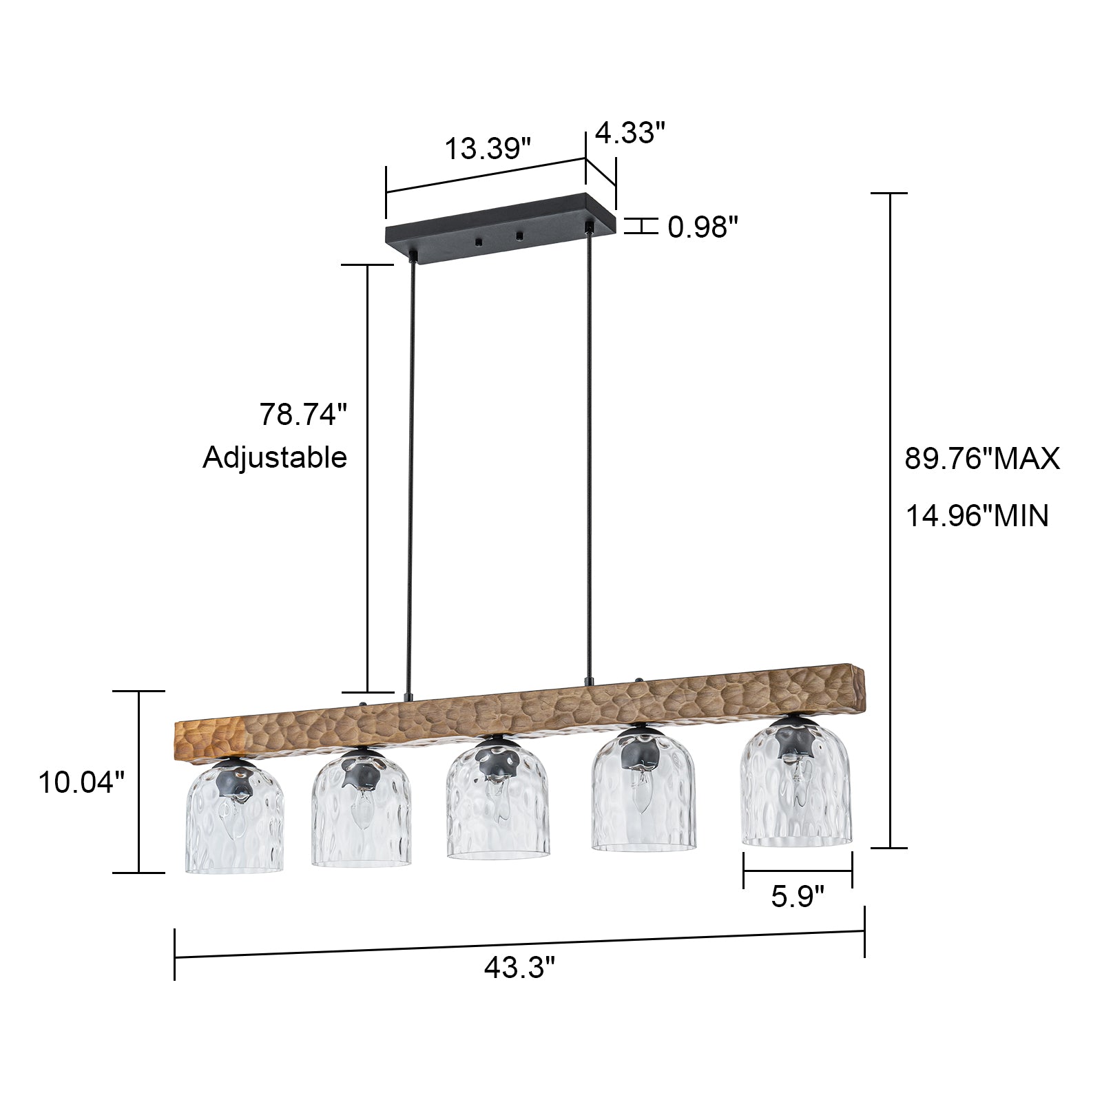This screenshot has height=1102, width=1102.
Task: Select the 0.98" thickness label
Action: (x=703, y=227)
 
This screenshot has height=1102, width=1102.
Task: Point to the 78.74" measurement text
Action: (x=302, y=415)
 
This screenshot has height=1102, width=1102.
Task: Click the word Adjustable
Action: (x=274, y=457)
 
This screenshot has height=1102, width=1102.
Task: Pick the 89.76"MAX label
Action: (x=981, y=459)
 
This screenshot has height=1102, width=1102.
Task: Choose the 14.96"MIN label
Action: (x=976, y=515)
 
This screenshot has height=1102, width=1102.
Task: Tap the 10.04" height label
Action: (x=81, y=782)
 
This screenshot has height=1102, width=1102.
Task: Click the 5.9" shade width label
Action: (x=797, y=897)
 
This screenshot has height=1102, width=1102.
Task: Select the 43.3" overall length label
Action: (x=519, y=968)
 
